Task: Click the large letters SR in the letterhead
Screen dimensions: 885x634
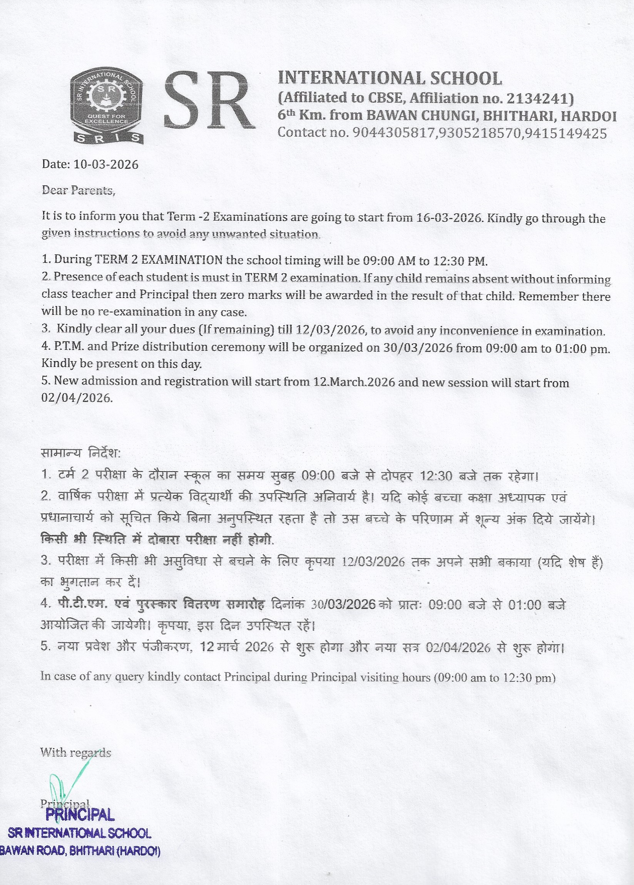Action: coord(209,102)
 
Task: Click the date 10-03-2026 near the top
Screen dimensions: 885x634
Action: coord(106,164)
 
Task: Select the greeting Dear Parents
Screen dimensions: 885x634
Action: coord(79,191)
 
